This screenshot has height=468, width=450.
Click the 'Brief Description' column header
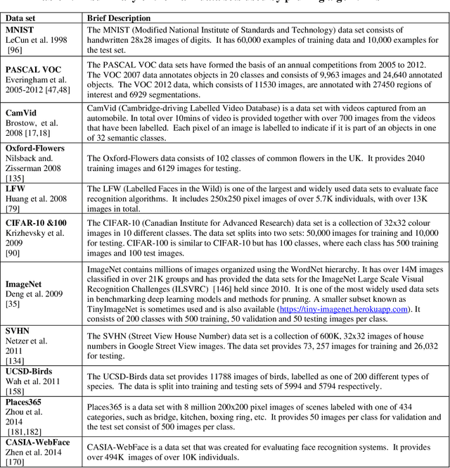[119, 18]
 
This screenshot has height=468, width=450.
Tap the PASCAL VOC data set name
[33, 70]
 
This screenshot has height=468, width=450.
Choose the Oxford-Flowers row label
[35, 148]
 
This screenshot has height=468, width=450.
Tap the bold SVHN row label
[18, 330]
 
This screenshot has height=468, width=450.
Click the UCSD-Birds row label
[29, 371]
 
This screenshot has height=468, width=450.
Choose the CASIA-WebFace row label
[38, 442]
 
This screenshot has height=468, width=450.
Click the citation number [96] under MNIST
[14, 51]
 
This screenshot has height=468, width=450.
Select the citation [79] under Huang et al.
[14, 208]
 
